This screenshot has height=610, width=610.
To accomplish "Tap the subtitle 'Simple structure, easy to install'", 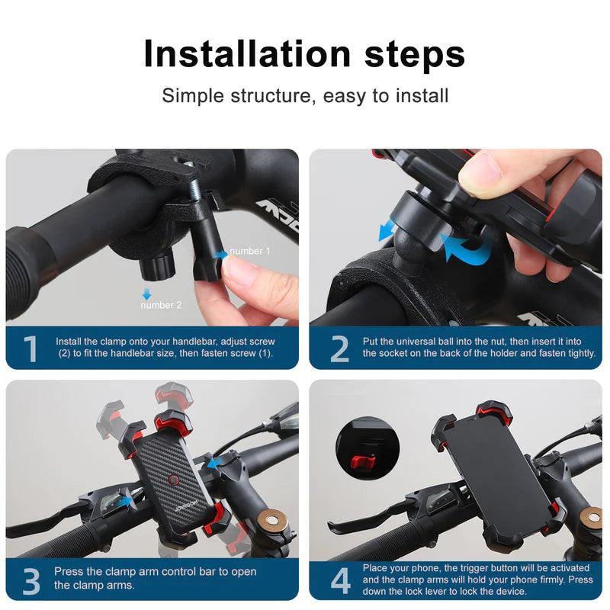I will tap(305, 96).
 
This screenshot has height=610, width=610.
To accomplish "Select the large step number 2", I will tap(339, 349).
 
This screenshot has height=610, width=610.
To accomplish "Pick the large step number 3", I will tap(30, 581).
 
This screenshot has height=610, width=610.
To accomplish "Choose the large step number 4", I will tap(339, 581).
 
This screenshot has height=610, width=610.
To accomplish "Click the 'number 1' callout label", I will tap(249, 251).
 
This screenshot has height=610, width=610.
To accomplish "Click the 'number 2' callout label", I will tap(161, 305).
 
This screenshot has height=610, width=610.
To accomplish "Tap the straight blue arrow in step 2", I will tap(388, 230).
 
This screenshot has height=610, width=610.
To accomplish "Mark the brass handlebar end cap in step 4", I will tap(590, 518).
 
